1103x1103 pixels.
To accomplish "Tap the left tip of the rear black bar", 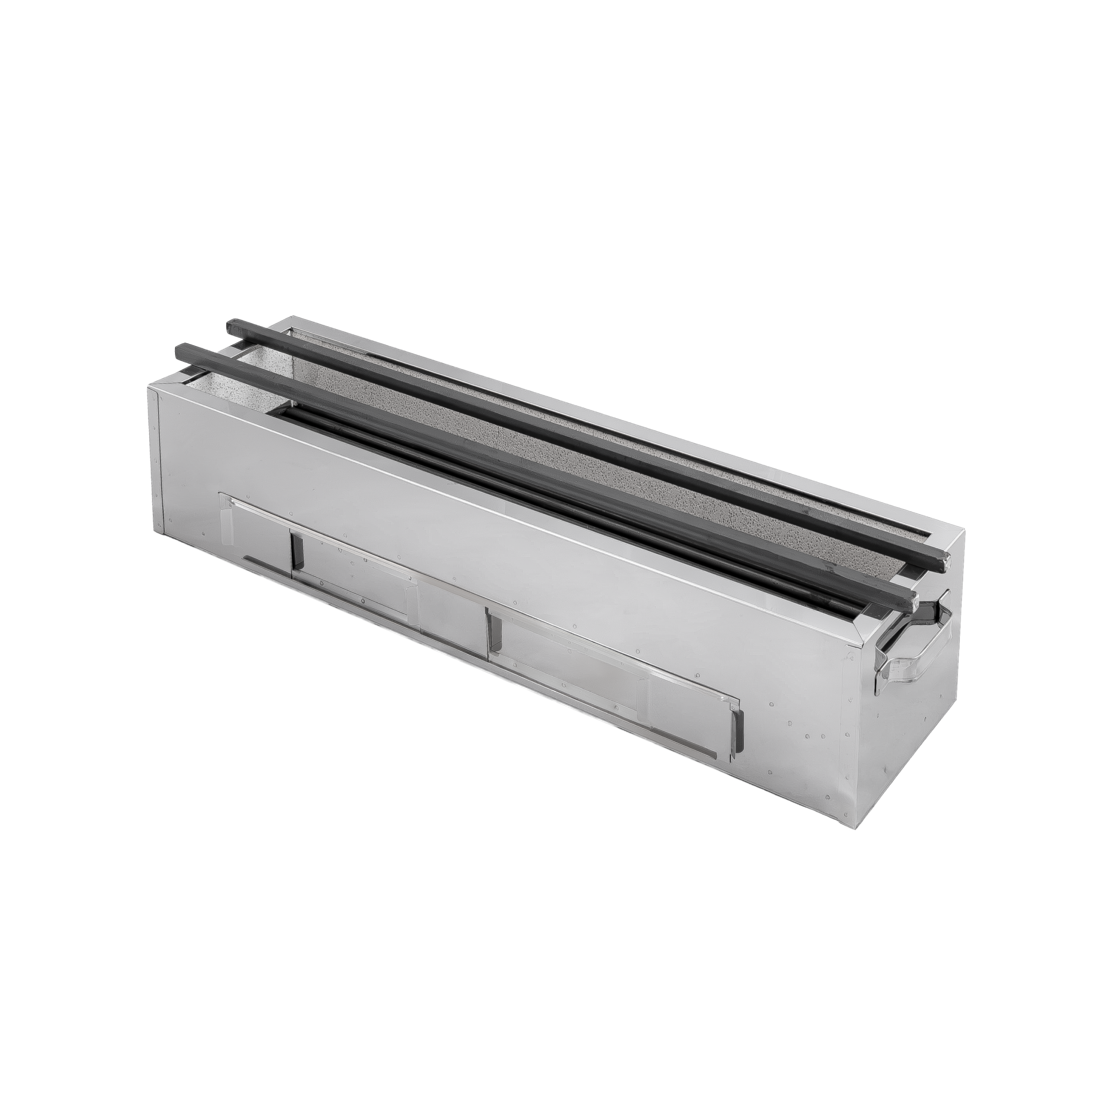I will point(231,325).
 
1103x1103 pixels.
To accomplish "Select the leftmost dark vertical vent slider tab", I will point(296,553).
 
